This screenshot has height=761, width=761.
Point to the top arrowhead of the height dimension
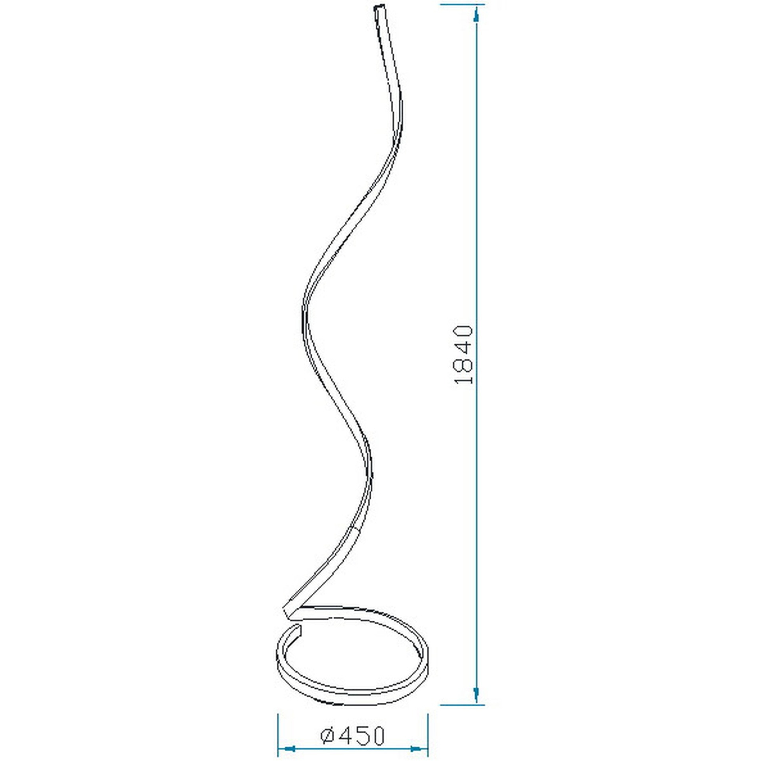[476, 15]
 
